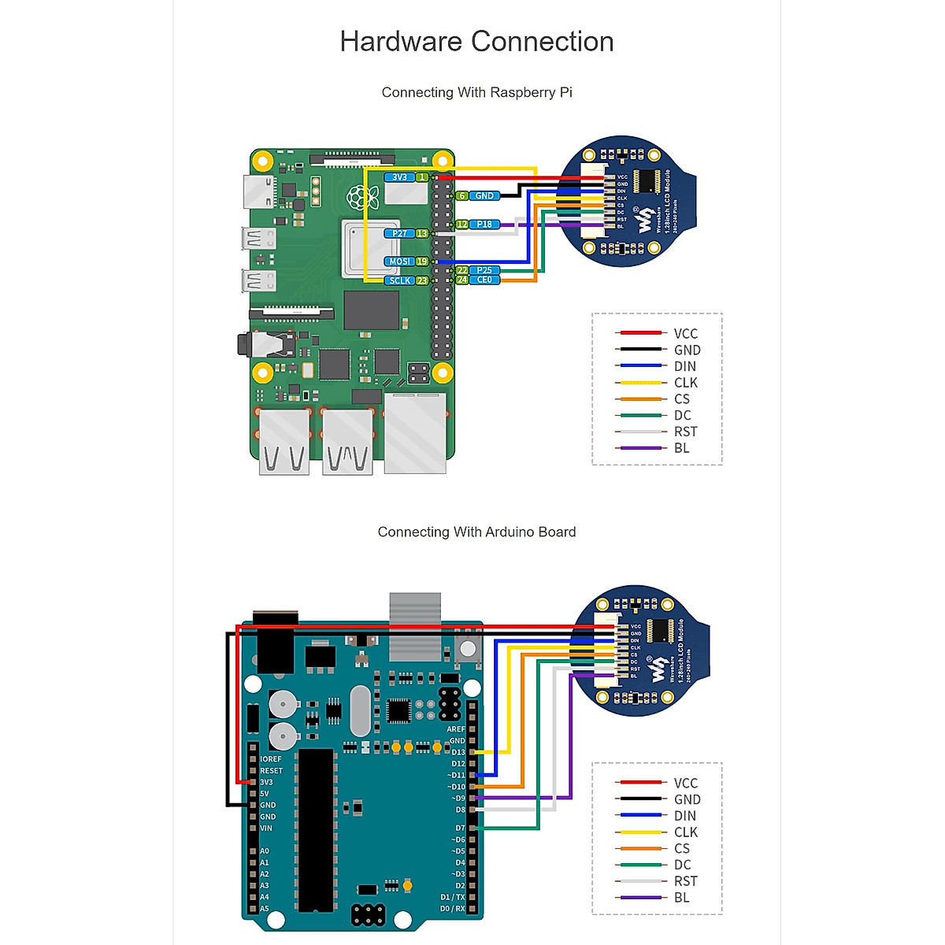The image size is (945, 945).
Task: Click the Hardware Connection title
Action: point(476,42)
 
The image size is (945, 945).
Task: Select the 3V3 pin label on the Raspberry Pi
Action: point(400,177)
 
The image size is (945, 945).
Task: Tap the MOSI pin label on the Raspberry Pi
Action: point(400,261)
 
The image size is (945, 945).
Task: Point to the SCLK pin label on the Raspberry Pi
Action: point(400,280)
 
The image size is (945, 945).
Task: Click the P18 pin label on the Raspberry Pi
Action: point(484,224)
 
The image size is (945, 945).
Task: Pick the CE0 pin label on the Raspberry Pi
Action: point(484,280)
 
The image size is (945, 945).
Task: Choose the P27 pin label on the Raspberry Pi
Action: point(400,234)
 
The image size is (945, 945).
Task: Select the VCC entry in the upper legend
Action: point(685,334)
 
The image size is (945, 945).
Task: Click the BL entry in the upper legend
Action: point(681,448)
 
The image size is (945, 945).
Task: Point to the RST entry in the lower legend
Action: point(685,881)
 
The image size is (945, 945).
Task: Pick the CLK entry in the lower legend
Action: point(685,832)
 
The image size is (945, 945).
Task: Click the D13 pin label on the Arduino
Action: point(458,752)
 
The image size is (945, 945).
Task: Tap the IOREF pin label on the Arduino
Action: point(270,759)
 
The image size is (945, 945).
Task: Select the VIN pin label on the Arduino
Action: point(266,828)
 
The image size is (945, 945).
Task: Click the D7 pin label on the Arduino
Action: point(460,828)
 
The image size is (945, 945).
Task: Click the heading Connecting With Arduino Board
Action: point(476,532)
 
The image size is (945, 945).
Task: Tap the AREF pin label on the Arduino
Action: point(456,729)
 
